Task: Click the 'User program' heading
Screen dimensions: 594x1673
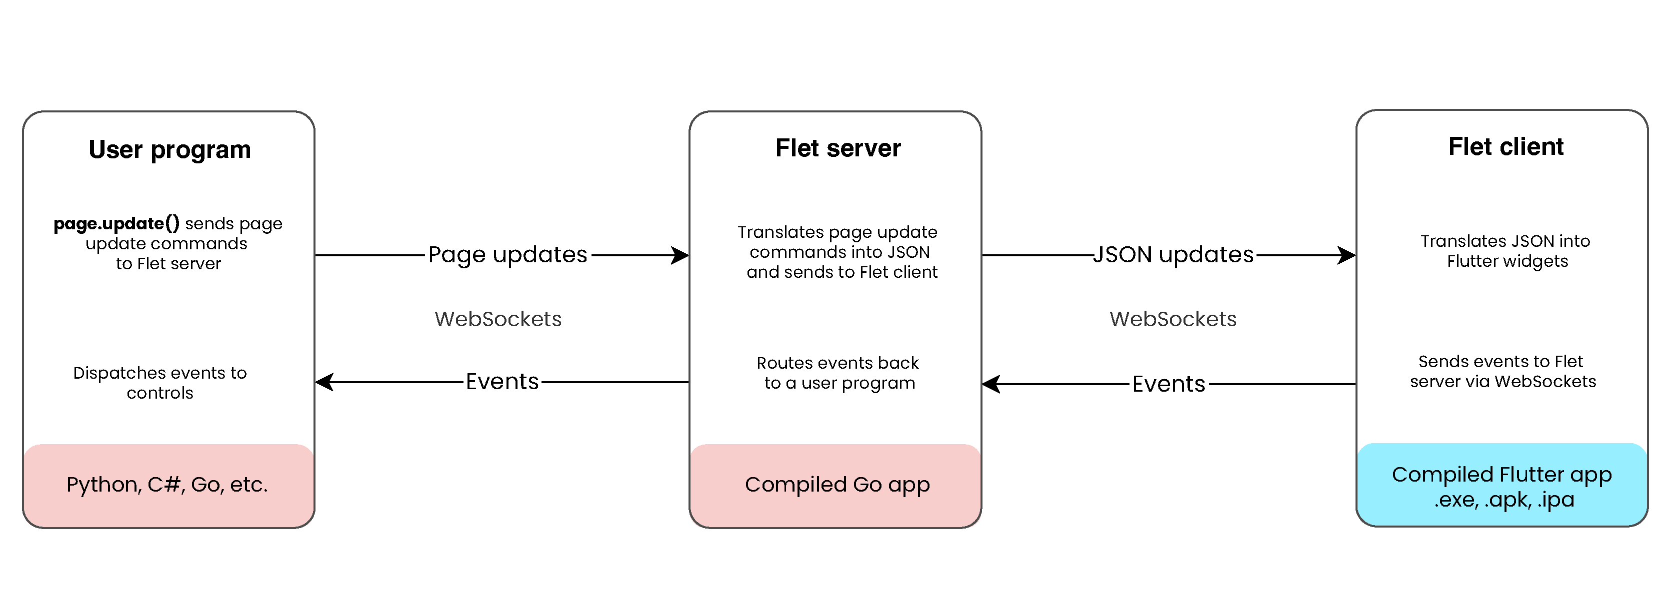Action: [169, 150]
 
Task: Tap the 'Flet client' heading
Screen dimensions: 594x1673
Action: [1505, 147]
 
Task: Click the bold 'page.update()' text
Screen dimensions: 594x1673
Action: [116, 223]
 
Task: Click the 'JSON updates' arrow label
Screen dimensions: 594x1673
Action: [1173, 254]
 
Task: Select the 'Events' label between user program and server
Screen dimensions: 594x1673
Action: [502, 382]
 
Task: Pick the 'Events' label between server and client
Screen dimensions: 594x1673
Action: [1168, 384]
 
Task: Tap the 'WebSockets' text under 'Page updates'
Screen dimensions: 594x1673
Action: [498, 319]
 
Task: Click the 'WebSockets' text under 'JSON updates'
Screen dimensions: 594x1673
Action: [1173, 319]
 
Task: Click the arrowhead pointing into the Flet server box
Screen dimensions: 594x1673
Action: [680, 255]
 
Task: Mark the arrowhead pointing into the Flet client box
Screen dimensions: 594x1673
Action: [1347, 255]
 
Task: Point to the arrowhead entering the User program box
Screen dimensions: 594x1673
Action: [324, 382]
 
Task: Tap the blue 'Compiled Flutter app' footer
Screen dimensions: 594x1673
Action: [1501, 486]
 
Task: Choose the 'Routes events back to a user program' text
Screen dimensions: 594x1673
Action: [838, 373]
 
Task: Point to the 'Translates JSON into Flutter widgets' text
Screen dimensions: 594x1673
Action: [1505, 251]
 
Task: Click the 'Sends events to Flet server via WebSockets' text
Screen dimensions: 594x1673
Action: [1502, 371]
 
